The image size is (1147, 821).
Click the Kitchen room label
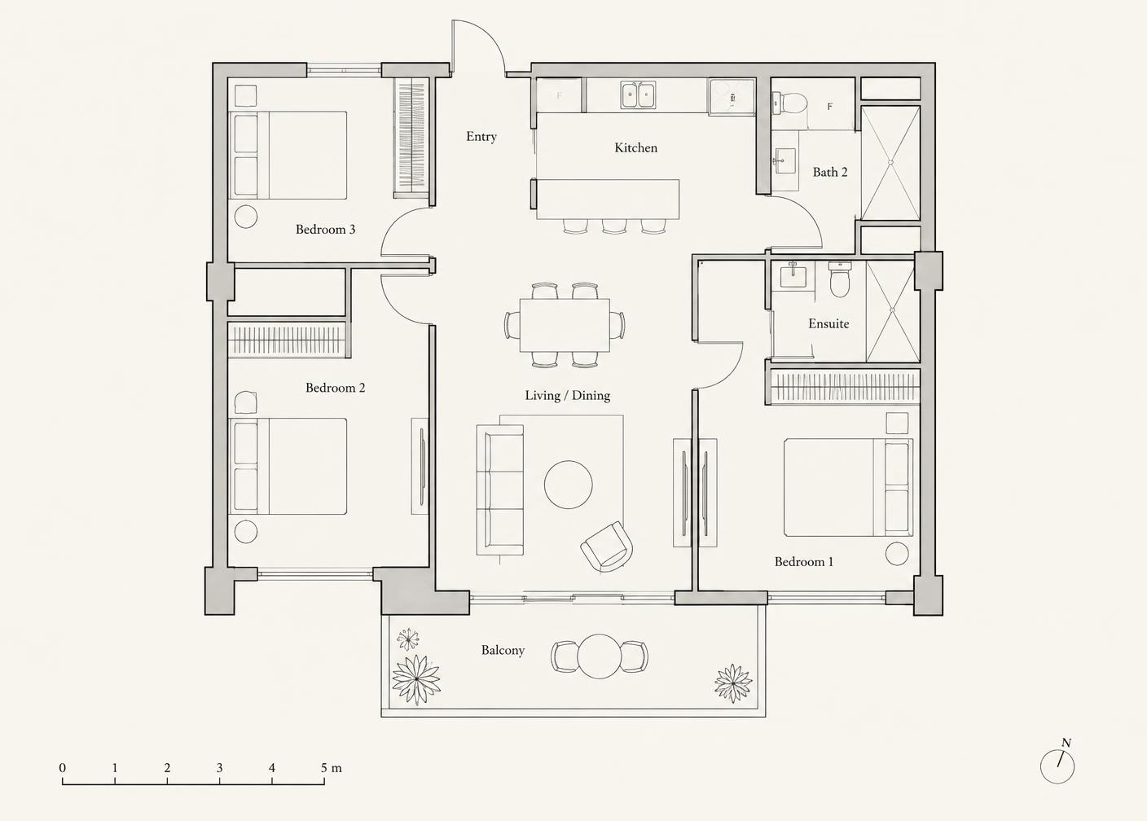[635, 147]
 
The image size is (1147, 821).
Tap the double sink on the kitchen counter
[638, 94]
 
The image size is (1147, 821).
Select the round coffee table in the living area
[568, 484]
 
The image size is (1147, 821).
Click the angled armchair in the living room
[607, 547]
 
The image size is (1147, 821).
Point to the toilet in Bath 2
[789, 103]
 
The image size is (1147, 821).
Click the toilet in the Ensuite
[840, 279]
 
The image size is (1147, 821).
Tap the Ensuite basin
[793, 276]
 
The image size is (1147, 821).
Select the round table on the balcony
[599, 656]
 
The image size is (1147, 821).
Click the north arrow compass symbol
[1057, 766]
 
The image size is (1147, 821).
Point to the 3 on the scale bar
[220, 768]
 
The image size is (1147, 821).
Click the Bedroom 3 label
[325, 230]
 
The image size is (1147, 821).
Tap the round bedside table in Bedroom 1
[897, 553]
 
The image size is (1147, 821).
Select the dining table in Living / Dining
[565, 325]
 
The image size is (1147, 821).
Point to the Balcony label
[503, 650]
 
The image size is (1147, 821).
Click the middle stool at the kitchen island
[614, 226]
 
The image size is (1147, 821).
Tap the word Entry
[481, 136]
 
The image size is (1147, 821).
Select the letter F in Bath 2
[829, 107]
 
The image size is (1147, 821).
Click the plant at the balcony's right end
[733, 683]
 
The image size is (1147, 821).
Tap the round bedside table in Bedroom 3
[246, 217]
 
